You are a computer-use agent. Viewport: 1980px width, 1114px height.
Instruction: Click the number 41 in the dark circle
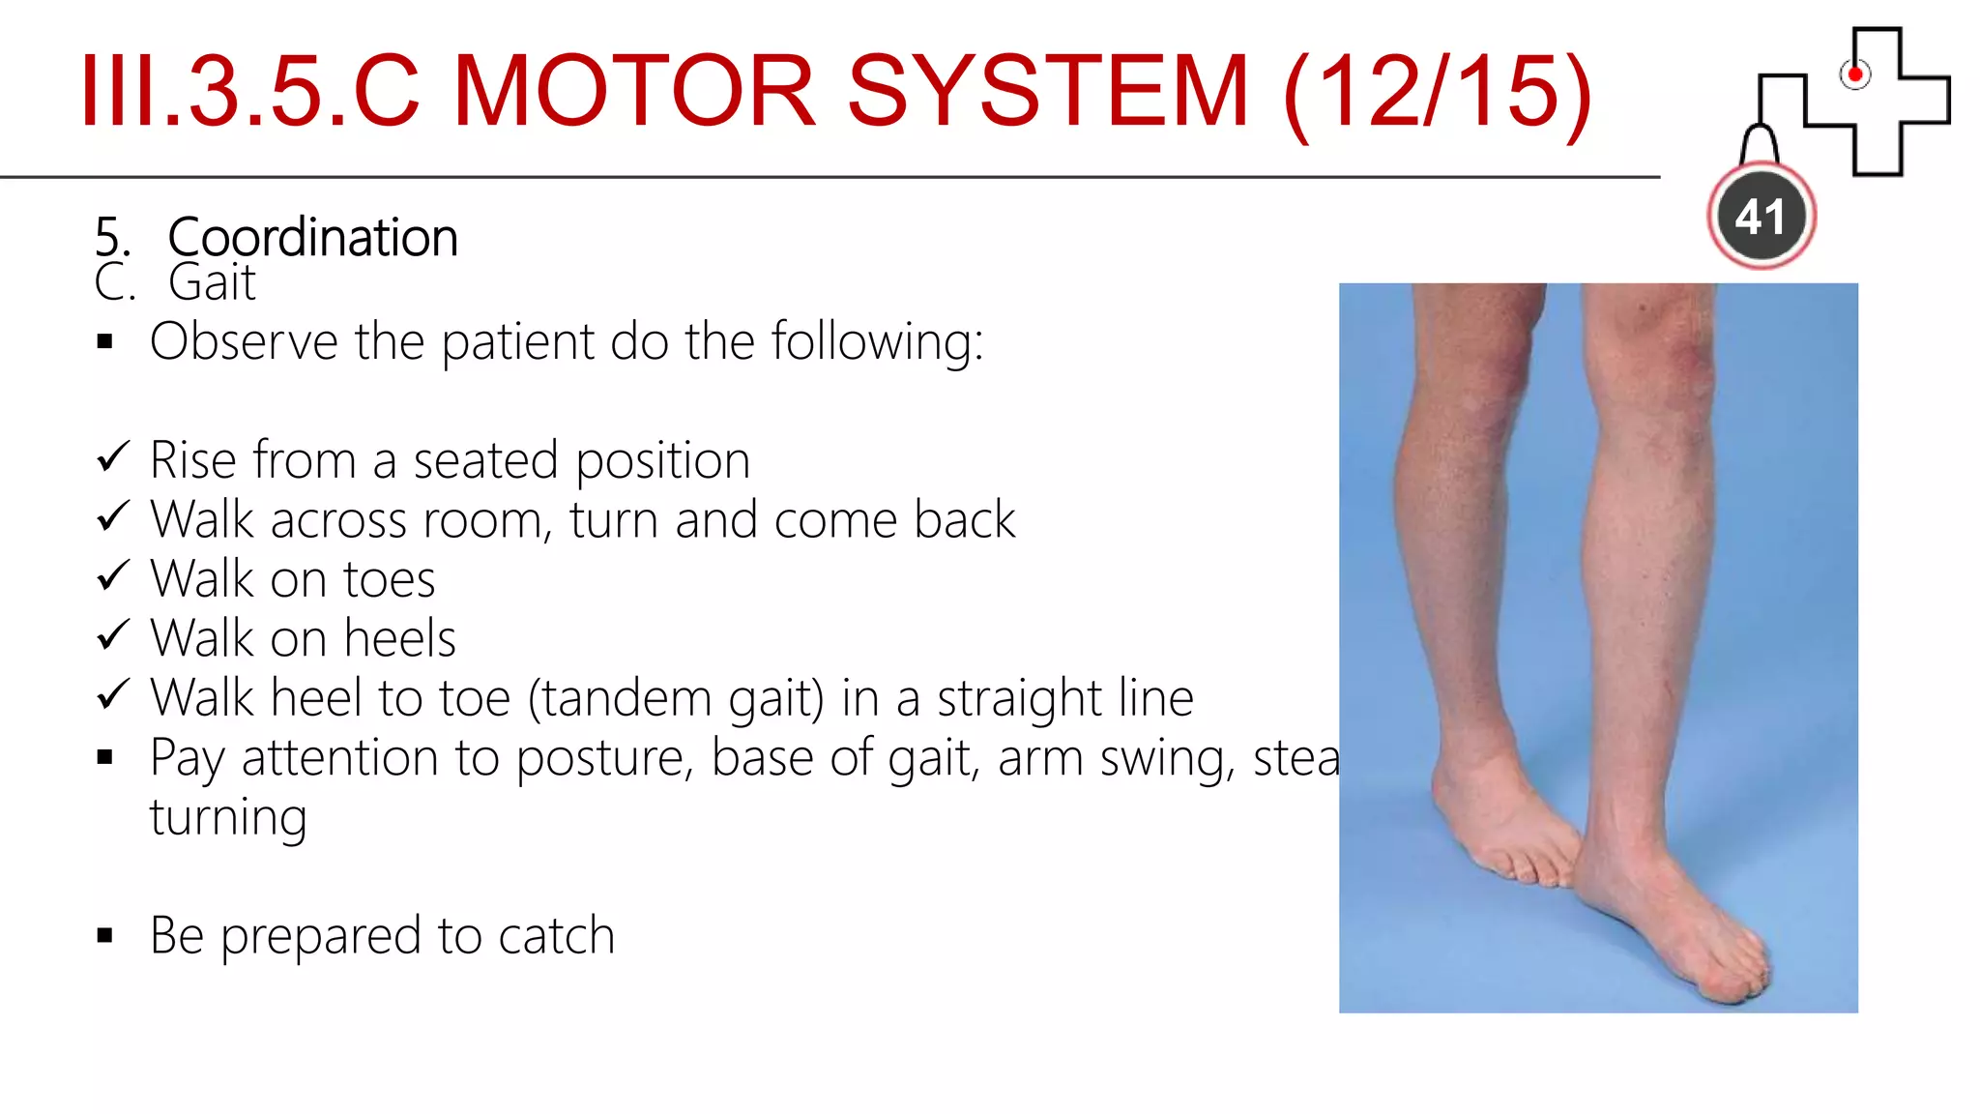tap(1761, 217)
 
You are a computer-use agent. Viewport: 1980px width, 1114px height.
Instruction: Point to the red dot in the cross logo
tap(1854, 74)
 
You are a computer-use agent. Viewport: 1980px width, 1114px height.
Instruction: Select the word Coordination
tap(312, 238)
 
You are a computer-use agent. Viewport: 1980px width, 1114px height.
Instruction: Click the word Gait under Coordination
tap(212, 283)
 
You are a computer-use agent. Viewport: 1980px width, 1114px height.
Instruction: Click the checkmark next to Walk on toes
tap(113, 576)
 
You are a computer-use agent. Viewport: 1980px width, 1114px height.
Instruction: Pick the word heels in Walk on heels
tap(399, 639)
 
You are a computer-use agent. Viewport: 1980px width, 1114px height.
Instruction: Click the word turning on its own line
tap(228, 818)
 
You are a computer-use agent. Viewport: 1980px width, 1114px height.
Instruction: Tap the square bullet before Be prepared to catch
tap(105, 935)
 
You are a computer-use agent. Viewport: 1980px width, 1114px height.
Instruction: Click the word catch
tap(556, 936)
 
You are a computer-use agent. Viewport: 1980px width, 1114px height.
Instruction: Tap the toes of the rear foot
tap(1537, 870)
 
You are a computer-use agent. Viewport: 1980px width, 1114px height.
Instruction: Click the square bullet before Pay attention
tap(105, 757)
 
